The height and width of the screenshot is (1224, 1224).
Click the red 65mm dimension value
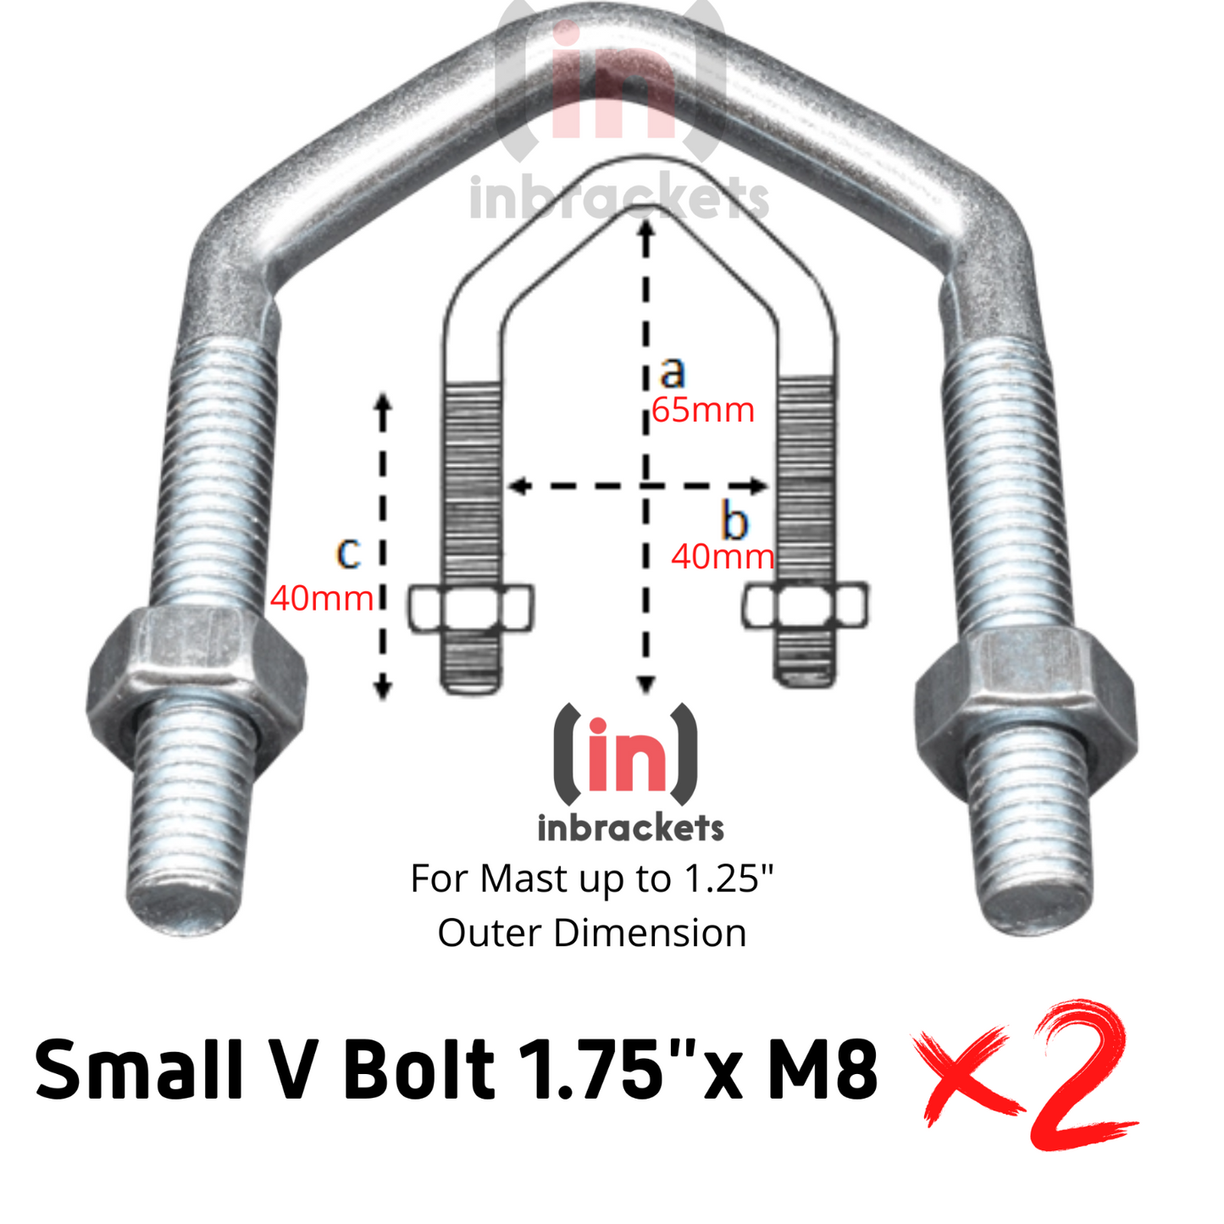[x=702, y=410]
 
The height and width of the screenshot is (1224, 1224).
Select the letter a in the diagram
[x=672, y=372]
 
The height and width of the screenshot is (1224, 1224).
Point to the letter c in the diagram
[x=348, y=552]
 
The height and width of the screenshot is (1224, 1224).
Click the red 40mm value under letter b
[x=723, y=557]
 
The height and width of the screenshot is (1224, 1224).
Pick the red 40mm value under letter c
[x=322, y=599]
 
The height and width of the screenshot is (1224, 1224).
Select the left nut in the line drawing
[x=471, y=607]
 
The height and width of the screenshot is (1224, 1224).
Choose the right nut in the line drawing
[x=805, y=606]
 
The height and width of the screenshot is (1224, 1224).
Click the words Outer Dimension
[x=592, y=933]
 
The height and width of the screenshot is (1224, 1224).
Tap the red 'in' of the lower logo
[x=625, y=754]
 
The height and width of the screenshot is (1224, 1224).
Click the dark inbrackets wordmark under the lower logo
[x=630, y=828]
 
